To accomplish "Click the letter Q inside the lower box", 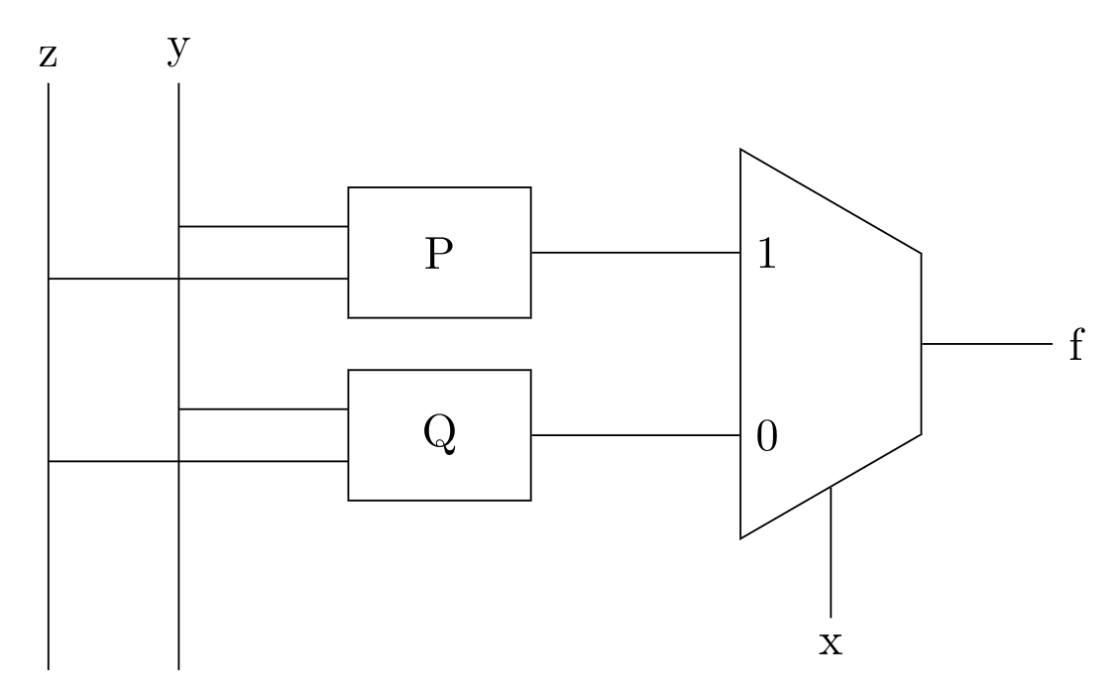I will coord(439,435).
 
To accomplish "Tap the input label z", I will coord(48,57).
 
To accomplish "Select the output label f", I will coord(1075,346).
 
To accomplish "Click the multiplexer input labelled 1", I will coord(766,255).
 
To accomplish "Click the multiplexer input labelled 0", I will coord(766,437).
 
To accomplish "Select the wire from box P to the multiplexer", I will coord(635,252).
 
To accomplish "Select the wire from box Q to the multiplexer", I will coord(635,435).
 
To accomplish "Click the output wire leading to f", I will coord(986,344).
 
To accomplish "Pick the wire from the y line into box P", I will coord(263,226).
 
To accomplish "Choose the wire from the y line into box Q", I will coord(263,408).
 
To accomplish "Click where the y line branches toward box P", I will coord(178,226).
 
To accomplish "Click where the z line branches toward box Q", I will coord(48,461).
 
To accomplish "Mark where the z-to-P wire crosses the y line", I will coord(178,279).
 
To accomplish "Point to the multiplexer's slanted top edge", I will coord(831,201).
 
